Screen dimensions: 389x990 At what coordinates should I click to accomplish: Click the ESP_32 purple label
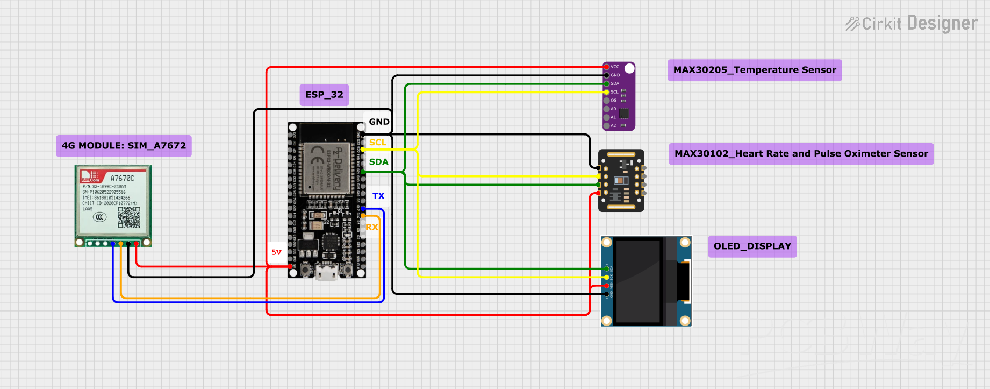324,95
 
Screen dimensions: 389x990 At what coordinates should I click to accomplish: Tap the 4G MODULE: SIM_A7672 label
124,146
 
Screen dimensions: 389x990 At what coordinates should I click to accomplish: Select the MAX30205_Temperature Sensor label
754,70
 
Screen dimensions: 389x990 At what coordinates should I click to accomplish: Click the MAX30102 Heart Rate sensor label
801,154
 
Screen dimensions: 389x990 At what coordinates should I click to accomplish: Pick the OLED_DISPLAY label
752,246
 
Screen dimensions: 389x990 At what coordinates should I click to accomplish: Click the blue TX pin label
378,196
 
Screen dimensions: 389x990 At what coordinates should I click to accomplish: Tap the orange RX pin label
372,227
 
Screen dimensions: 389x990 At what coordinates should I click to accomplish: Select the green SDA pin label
378,162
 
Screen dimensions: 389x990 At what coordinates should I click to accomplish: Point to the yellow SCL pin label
378,143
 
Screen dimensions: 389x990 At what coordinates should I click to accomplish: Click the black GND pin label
379,122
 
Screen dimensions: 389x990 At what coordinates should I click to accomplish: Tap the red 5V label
276,252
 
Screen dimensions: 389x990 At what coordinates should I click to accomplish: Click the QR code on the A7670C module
129,217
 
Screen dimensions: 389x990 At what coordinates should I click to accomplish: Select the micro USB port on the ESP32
326,273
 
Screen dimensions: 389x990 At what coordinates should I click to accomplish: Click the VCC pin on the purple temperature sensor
607,67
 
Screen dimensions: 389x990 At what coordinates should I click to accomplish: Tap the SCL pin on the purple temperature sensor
607,92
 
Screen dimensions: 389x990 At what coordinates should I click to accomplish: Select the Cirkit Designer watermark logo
912,24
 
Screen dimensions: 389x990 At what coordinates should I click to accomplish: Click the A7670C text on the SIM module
122,178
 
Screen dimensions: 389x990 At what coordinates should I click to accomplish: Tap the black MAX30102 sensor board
621,181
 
